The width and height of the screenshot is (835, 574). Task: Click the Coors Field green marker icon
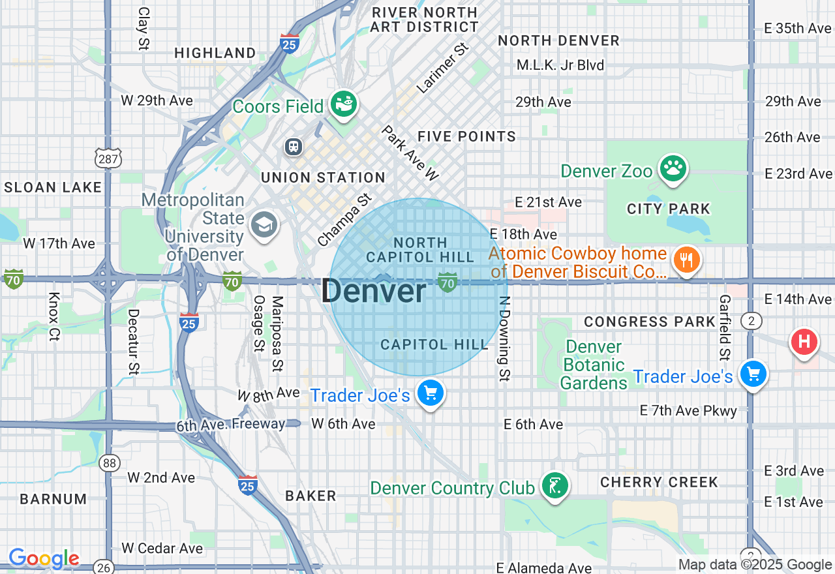click(343, 103)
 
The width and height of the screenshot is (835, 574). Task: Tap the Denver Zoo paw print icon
click(673, 168)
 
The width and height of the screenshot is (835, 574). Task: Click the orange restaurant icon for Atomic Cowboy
click(686, 260)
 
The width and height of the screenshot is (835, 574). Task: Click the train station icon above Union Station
click(294, 146)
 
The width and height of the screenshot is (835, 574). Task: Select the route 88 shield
click(110, 463)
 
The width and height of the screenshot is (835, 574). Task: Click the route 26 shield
click(103, 567)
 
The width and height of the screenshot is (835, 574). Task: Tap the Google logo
click(44, 558)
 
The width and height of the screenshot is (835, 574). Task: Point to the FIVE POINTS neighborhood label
click(466, 136)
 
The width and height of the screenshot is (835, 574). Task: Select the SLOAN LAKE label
click(53, 188)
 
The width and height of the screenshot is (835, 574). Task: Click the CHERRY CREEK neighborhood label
click(659, 482)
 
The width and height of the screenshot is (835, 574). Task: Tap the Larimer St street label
click(443, 68)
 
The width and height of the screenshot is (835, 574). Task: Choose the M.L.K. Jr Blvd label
click(560, 65)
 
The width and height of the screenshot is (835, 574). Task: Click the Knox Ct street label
click(53, 316)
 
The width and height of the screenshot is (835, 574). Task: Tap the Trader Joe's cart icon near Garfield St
click(753, 374)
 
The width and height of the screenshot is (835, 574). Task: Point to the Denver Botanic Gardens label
click(594, 365)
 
